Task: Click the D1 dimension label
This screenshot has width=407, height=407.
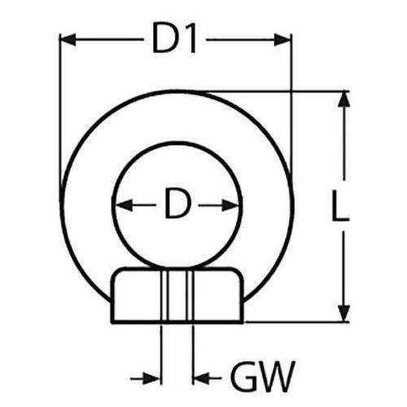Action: pyautogui.click(x=174, y=40)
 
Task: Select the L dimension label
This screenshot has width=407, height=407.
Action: pyautogui.click(x=339, y=205)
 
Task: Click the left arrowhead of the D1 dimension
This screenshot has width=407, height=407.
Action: pyautogui.click(x=68, y=40)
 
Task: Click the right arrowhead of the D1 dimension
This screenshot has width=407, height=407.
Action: pyautogui.click(x=282, y=40)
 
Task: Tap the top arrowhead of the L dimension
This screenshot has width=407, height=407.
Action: pyautogui.click(x=344, y=100)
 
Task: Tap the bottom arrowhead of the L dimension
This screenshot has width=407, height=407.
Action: pyautogui.click(x=344, y=313)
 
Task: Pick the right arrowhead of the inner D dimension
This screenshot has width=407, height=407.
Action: pyautogui.click(x=230, y=205)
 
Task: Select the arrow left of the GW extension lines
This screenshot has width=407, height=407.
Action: pyautogui.click(x=146, y=378)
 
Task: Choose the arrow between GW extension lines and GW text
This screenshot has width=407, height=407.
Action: pyautogui.click(x=208, y=378)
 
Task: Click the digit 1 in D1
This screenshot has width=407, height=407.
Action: pyautogui.click(x=190, y=40)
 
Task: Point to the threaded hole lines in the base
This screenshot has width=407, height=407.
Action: pyautogui.click(x=177, y=296)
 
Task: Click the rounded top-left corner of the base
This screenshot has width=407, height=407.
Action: pyautogui.click(x=115, y=274)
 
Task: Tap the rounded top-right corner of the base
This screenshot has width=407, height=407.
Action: pyautogui.click(x=239, y=274)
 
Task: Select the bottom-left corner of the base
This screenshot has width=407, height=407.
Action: pyautogui.click(x=112, y=322)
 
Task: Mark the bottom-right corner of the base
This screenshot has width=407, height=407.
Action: pyautogui.click(x=242, y=322)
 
